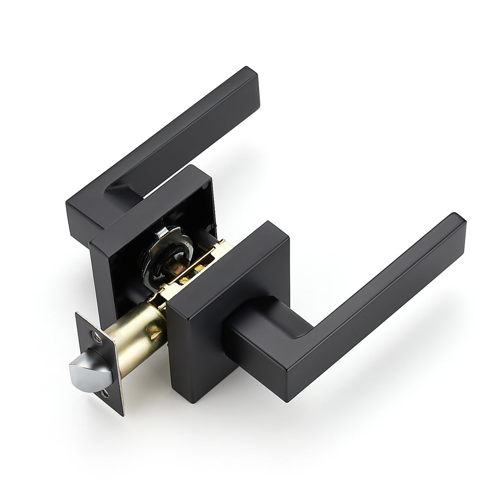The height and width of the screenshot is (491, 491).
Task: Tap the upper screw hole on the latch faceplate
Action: click(x=97, y=338)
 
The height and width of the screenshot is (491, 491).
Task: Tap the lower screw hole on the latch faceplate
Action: click(x=105, y=395)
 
